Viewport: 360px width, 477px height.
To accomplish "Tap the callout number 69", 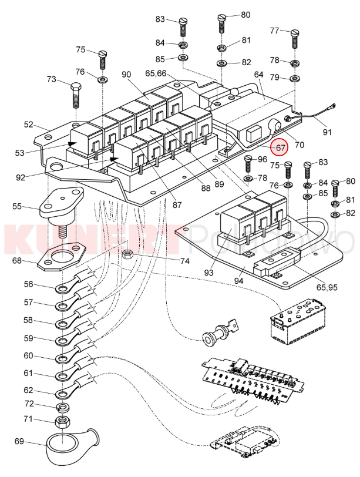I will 18,441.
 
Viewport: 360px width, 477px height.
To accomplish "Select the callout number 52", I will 29,125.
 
